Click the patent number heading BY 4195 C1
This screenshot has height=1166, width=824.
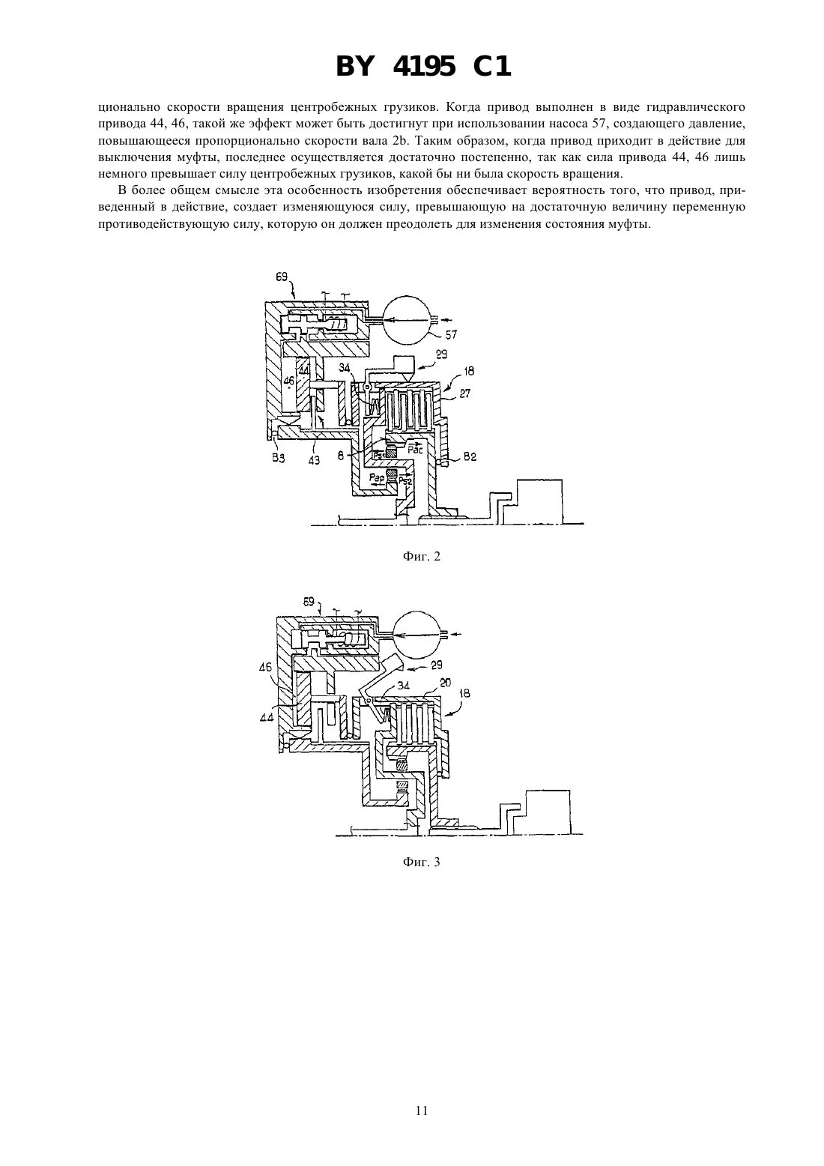pos(423,67)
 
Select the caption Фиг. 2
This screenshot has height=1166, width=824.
pos(421,557)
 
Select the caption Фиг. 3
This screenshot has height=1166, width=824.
pos(421,862)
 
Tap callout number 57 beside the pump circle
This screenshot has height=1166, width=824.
pos(450,334)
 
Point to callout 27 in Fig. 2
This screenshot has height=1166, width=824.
pos(464,393)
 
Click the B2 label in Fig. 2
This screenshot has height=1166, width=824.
pos(470,456)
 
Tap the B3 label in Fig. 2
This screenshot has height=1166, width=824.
pos(279,459)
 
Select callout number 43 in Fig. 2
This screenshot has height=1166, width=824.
pos(314,460)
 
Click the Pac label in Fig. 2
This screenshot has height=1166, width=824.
pos(415,449)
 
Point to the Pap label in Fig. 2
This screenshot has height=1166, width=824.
pos(377,477)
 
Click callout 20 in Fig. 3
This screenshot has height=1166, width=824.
pos(446,683)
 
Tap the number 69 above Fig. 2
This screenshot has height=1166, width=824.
pos(282,277)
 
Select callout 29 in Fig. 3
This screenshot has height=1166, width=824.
pos(437,665)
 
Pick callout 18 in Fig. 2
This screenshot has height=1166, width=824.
pos(469,371)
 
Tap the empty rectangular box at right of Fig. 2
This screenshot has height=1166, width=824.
pos(539,501)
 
